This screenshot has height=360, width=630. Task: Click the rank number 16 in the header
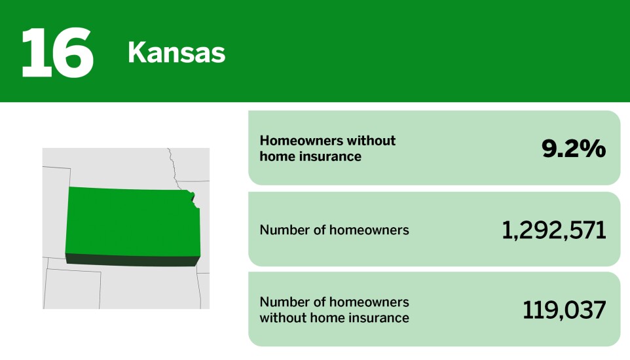click(x=57, y=52)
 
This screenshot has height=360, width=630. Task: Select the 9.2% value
click(x=573, y=149)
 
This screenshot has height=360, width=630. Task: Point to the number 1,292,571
click(x=553, y=230)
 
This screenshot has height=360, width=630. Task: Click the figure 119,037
click(x=564, y=310)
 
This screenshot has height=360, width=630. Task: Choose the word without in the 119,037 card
click(x=282, y=319)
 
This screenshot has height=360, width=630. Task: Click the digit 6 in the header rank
click(x=73, y=52)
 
